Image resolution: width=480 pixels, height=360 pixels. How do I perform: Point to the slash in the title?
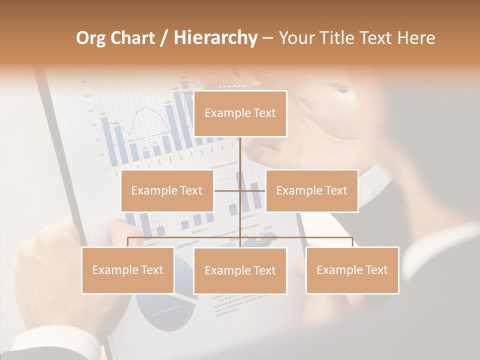164,38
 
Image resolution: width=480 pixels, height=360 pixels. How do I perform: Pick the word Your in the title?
295,38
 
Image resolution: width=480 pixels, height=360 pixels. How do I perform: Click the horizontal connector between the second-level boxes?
228,190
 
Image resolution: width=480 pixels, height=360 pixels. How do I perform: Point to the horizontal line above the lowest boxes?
185,237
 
